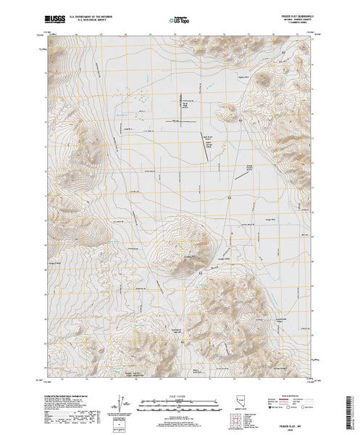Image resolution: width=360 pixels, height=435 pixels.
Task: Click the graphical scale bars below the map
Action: (x=177, y=401)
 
